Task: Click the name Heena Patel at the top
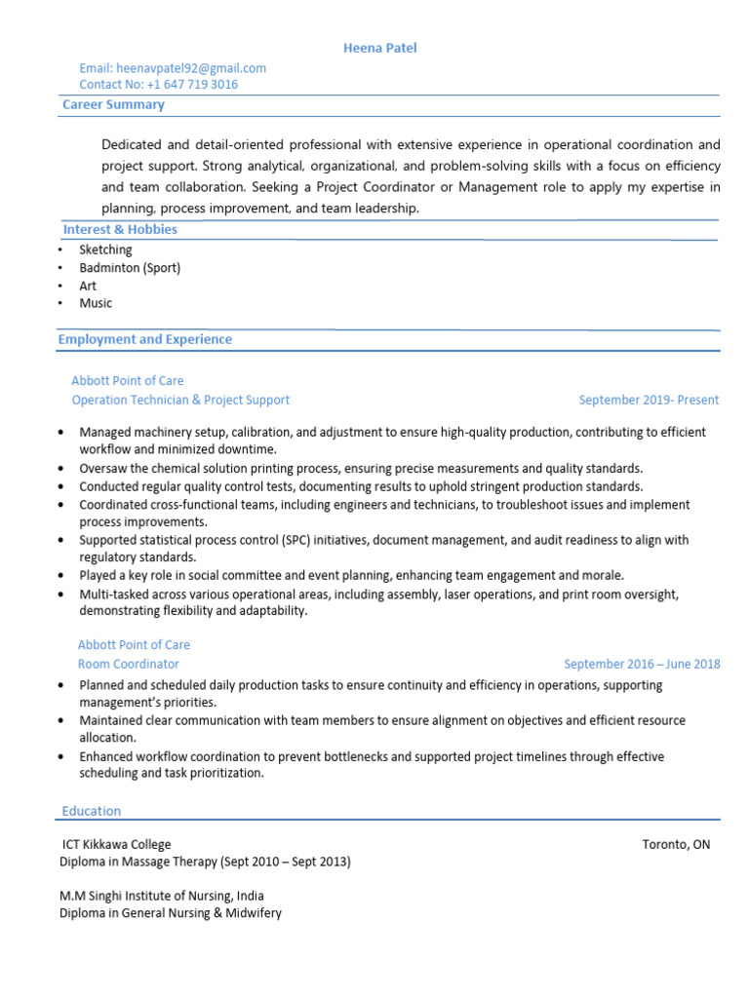380,48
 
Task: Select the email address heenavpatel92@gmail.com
191,68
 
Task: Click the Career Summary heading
113,104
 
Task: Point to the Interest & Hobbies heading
120,230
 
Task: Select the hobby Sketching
105,249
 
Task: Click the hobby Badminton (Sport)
130,268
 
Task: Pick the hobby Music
96,303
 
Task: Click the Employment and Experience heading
144,340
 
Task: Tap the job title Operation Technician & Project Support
180,400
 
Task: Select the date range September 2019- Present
649,400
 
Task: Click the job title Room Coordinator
129,664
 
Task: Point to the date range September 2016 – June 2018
642,664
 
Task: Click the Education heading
92,811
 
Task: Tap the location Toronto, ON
676,844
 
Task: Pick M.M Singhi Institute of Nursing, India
161,896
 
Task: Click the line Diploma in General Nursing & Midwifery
171,913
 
